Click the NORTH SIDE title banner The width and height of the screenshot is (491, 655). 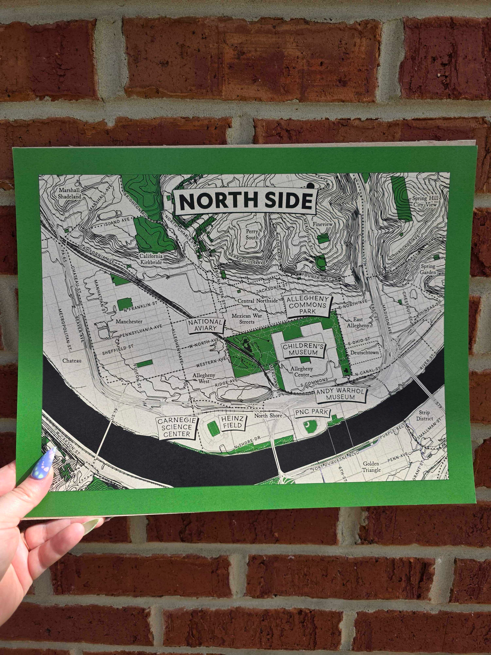pos(246,202)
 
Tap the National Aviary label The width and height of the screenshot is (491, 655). pos(206,325)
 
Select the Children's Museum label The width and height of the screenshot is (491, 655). pos(303,349)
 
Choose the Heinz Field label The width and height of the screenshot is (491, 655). pos(232,423)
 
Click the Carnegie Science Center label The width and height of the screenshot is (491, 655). pos(177,427)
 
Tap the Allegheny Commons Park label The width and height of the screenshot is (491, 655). pos(308,305)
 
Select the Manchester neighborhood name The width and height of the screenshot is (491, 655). pos(129,321)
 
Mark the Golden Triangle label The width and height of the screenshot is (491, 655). pos(371,467)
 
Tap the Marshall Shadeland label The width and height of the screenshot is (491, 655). pos(70,193)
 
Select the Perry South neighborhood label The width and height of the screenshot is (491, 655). pos(252,234)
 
